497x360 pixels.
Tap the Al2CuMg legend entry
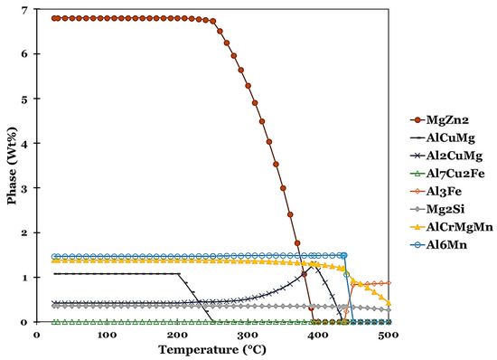pos(452,156)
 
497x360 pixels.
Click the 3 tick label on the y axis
pos(25,188)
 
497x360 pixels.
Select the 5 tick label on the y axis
pos(25,99)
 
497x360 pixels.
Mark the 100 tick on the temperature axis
pos(107,334)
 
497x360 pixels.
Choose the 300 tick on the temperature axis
pos(248,334)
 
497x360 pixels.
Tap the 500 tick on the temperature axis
pos(389,334)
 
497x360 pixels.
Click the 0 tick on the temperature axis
pos(37,334)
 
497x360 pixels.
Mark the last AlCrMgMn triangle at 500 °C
pos(389,304)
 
